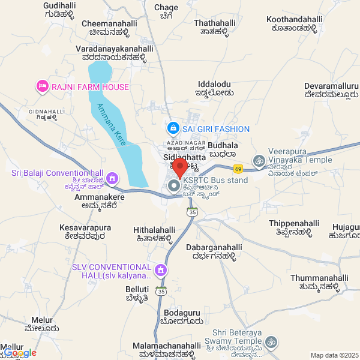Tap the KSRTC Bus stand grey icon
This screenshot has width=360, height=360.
pyautogui.click(x=174, y=186)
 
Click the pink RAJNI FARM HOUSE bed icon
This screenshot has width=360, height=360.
pyautogui.click(x=43, y=87)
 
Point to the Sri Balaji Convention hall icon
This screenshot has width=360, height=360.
pyautogui.click(x=113, y=179)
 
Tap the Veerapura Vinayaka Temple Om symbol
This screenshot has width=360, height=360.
pyautogui.click(x=259, y=160)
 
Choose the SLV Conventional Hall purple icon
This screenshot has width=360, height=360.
pyautogui.click(x=160, y=271)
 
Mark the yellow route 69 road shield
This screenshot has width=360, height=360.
pyautogui.click(x=238, y=169)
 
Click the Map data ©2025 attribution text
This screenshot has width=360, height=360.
pyautogui.click(x=334, y=355)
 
